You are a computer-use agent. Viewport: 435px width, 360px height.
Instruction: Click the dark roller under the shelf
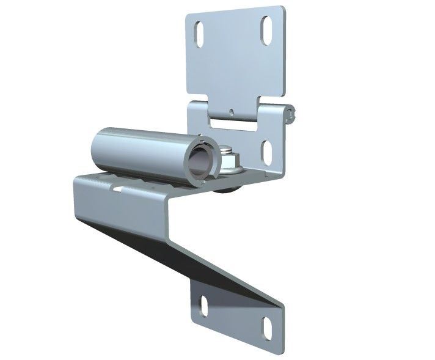point(230,190)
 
